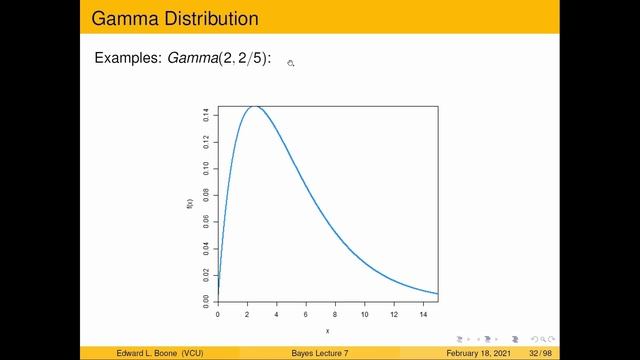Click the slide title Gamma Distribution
tap(174, 18)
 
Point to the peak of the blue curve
tap(255, 106)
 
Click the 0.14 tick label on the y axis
tap(205, 115)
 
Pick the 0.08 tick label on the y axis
tap(205, 194)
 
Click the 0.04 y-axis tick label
tap(205, 247)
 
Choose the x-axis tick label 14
tap(423, 314)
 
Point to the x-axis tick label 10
tap(364, 314)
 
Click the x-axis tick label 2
tap(247, 314)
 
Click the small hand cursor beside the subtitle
tap(291, 63)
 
